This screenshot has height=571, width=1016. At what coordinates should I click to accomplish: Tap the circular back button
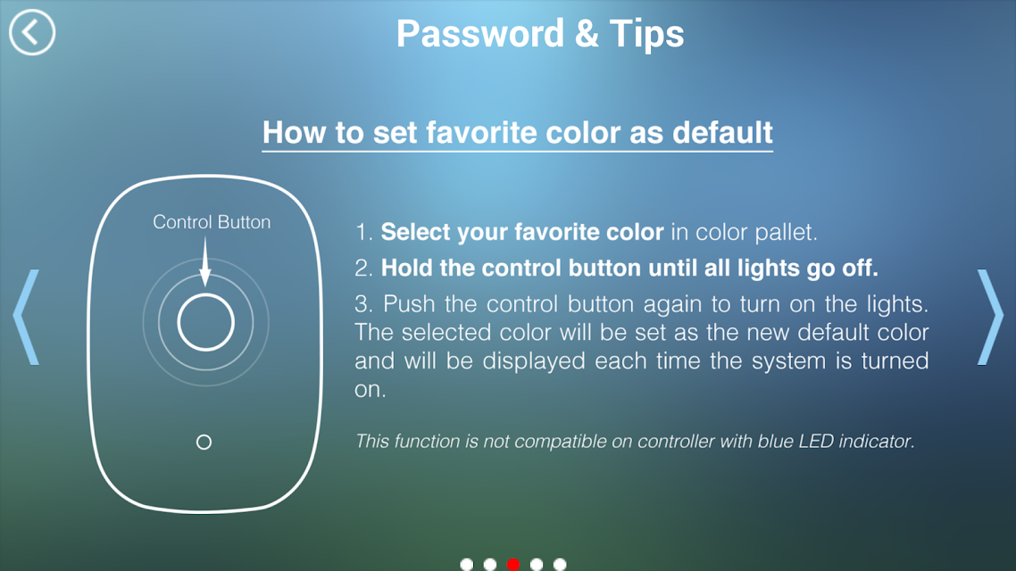(32, 32)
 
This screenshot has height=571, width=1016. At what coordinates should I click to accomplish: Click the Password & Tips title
(540, 34)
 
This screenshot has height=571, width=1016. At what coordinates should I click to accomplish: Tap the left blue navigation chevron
(27, 318)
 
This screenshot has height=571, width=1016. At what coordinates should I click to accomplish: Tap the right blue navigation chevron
(990, 318)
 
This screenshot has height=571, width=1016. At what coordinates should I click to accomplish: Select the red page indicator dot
(513, 565)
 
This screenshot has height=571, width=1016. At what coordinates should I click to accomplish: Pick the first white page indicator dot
(467, 565)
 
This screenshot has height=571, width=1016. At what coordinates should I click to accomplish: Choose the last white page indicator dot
(560, 565)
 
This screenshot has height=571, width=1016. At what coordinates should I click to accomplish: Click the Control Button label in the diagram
(212, 222)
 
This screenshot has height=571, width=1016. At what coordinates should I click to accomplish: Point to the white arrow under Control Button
(205, 261)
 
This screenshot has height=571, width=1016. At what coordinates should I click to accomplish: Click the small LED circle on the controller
(204, 443)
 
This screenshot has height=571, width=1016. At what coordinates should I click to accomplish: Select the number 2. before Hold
(363, 268)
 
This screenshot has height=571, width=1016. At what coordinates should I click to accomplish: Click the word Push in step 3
(410, 303)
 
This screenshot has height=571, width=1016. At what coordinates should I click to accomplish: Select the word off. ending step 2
(860, 268)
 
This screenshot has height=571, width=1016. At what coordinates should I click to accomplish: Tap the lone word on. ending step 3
(370, 390)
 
